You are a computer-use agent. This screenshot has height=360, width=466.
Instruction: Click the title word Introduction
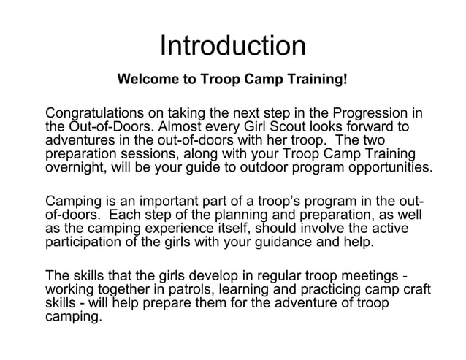pos(232,47)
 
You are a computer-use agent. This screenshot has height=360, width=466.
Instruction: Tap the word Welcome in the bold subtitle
pos(148,78)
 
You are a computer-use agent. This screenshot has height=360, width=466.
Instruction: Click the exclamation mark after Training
pos(345,78)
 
